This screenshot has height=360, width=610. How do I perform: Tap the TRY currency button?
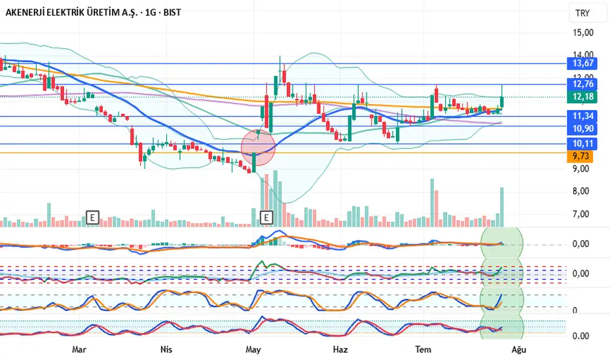pyautogui.click(x=582, y=13)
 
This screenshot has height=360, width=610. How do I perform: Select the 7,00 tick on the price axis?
pyautogui.click(x=582, y=214)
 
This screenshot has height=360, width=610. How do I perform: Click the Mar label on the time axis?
pyautogui.click(x=79, y=350)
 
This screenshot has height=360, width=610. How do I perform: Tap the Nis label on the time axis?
pyautogui.click(x=166, y=350)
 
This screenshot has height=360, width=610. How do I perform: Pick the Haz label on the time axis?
pyautogui.click(x=340, y=350)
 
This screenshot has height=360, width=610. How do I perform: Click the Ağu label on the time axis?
pyautogui.click(x=518, y=350)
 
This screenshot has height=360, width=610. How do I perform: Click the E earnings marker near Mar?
pyautogui.click(x=92, y=217)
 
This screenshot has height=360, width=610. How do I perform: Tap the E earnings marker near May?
pyautogui.click(x=266, y=217)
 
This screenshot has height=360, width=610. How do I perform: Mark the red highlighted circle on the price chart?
pyautogui.click(x=259, y=147)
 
